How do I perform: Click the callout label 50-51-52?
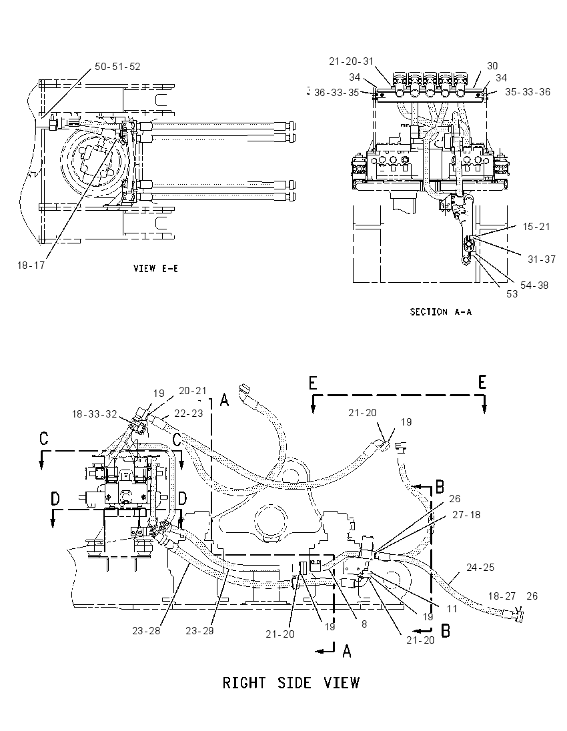pyautogui.click(x=117, y=67)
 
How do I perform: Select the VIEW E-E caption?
pyautogui.click(x=155, y=269)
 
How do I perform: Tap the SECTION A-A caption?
pyautogui.click(x=441, y=312)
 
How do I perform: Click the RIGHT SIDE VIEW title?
pyautogui.click(x=291, y=683)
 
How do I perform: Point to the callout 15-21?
pyautogui.click(x=536, y=227)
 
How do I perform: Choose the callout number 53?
pyautogui.click(x=512, y=294)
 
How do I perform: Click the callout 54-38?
pyautogui.click(x=534, y=285)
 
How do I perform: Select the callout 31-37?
pyautogui.click(x=542, y=259)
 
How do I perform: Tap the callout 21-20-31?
pyautogui.click(x=351, y=61)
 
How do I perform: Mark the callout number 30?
pyautogui.click(x=492, y=66)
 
